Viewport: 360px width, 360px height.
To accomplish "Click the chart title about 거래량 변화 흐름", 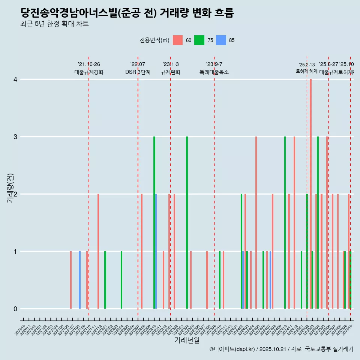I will pyautogui.click(x=127, y=13).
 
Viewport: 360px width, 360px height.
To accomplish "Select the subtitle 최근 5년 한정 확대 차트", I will pyautogui.click(x=54, y=24).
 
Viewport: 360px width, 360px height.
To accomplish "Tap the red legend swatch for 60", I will pyautogui.click(x=177, y=40).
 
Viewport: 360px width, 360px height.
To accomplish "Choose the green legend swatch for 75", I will pyautogui.click(x=199, y=40).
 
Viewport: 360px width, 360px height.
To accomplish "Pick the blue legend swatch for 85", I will pyautogui.click(x=221, y=40).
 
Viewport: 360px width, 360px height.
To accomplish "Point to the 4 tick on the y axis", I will pyautogui.click(x=15, y=79).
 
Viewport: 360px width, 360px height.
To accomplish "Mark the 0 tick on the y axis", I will pyautogui.click(x=15, y=309).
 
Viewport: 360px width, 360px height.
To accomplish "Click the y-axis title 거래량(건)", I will pyautogui.click(x=10, y=187).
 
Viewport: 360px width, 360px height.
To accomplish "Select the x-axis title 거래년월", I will pyautogui.click(x=187, y=340).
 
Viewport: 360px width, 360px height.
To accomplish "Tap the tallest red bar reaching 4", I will pyautogui.click(x=310, y=194).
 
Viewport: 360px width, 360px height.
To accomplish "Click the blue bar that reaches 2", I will pyautogui.click(x=156, y=251).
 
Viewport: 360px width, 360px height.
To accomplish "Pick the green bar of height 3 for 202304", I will pyautogui.click(x=187, y=223).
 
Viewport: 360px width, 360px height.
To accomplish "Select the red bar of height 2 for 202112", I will pyautogui.click(x=98, y=251).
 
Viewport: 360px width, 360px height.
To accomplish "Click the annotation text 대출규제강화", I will pyautogui.click(x=89, y=72).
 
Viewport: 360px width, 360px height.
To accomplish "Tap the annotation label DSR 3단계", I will pyautogui.click(x=138, y=72).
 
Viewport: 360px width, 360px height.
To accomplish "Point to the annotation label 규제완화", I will pyautogui.click(x=171, y=72).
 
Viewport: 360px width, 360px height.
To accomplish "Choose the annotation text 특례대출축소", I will pyautogui.click(x=214, y=72).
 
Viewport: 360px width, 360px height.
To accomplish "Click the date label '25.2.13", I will pyautogui.click(x=307, y=65).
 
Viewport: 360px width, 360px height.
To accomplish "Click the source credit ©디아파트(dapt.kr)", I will pyautogui.click(x=232, y=349).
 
